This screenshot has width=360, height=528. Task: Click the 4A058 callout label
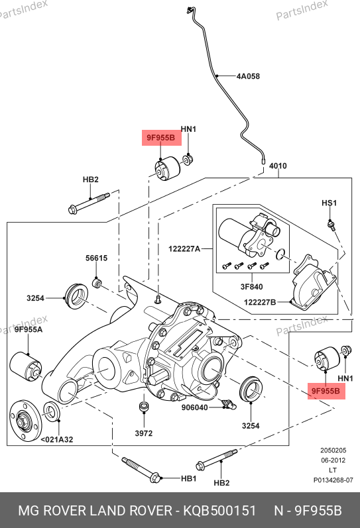248,76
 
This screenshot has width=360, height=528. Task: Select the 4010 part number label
278,166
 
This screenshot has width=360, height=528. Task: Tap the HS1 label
329,203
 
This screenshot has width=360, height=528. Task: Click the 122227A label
184,249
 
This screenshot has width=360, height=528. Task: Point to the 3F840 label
251,287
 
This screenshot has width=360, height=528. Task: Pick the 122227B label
260,302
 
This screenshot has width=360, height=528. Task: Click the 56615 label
96,258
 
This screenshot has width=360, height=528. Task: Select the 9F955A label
29,329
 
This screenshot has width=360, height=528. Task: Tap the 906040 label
194,407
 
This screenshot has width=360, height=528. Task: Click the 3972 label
144,433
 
